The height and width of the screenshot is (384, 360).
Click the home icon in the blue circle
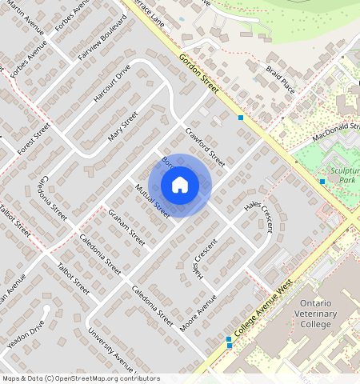tap(180, 186)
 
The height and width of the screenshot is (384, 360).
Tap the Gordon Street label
tap(198, 74)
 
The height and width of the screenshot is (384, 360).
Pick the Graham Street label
tap(126, 227)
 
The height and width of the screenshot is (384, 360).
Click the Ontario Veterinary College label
tap(326, 315)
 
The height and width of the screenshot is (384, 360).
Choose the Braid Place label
tap(281, 79)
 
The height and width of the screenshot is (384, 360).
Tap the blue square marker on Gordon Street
tap(241, 118)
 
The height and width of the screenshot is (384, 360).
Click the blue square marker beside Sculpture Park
tap(322, 182)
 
